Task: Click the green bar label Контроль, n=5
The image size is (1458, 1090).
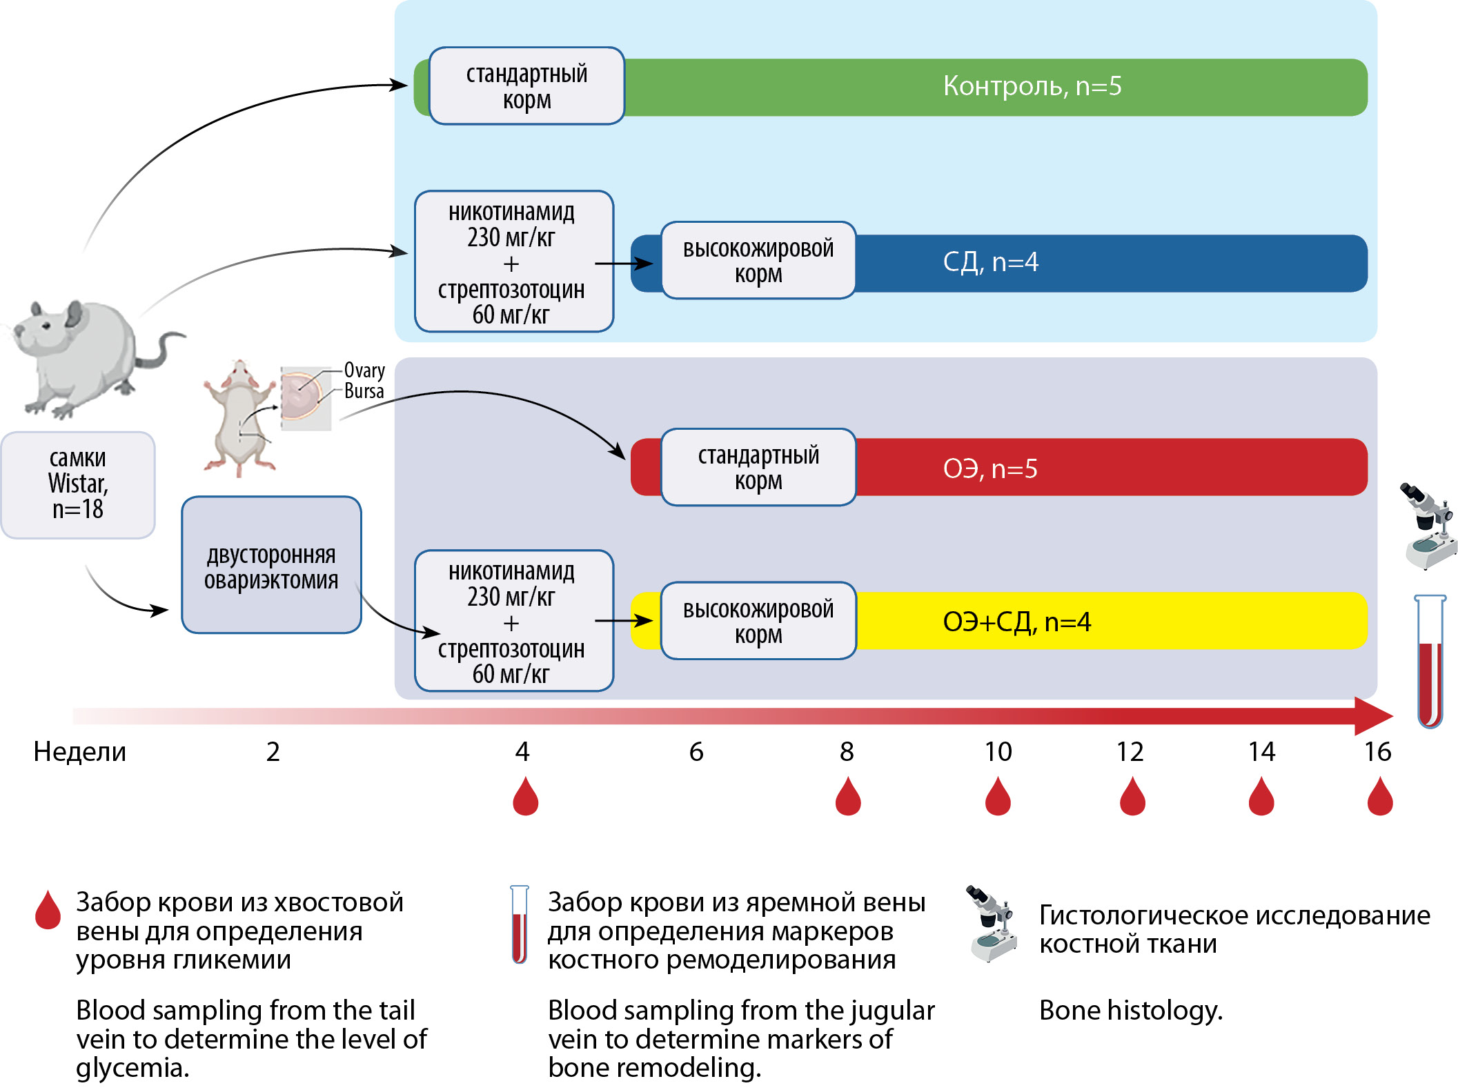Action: point(1032,86)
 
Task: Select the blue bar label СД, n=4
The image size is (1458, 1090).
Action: point(990,262)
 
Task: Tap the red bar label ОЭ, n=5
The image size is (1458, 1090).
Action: point(990,469)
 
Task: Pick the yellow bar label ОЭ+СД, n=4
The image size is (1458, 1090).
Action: point(1016,622)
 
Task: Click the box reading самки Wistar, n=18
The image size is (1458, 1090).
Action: point(78,484)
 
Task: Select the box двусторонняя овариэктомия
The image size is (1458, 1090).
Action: point(271,566)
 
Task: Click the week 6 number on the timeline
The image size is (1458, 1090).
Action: point(696,752)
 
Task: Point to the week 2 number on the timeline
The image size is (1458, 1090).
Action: point(273,752)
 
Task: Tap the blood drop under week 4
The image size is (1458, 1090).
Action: point(525,797)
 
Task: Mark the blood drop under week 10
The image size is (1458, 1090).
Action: point(998,797)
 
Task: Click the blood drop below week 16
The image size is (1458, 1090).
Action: point(1380,797)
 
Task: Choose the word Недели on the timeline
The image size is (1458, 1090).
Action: point(80,752)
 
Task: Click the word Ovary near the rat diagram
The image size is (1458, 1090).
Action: point(364,370)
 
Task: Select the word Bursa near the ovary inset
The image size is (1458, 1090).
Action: point(364,391)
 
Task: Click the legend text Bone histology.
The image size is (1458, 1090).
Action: point(1130,1011)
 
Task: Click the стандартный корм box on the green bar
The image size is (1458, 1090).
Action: point(526,86)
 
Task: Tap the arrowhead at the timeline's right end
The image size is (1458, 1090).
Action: point(1373,715)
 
